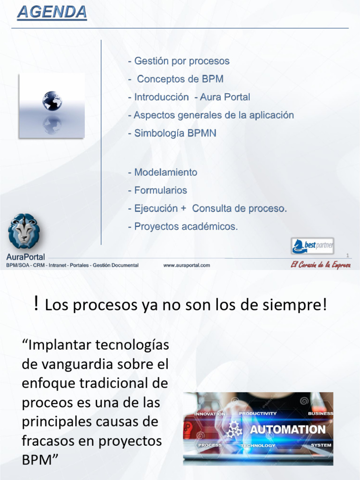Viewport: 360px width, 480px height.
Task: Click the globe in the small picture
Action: (x=52, y=101)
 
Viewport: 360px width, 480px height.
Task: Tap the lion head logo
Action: (x=24, y=231)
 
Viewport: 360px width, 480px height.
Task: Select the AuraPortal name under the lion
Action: (x=26, y=257)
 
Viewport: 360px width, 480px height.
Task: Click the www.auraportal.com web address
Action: (x=187, y=265)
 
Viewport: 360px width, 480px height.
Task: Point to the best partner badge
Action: (x=313, y=246)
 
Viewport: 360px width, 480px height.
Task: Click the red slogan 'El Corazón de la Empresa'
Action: (x=321, y=265)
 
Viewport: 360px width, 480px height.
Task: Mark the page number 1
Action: (x=347, y=255)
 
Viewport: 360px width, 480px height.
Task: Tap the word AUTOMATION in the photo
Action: (x=287, y=429)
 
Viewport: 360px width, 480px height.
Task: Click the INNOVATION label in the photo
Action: (x=210, y=414)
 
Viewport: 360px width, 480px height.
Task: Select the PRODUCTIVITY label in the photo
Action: (x=258, y=413)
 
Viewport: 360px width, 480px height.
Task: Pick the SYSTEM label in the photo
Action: (x=321, y=445)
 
